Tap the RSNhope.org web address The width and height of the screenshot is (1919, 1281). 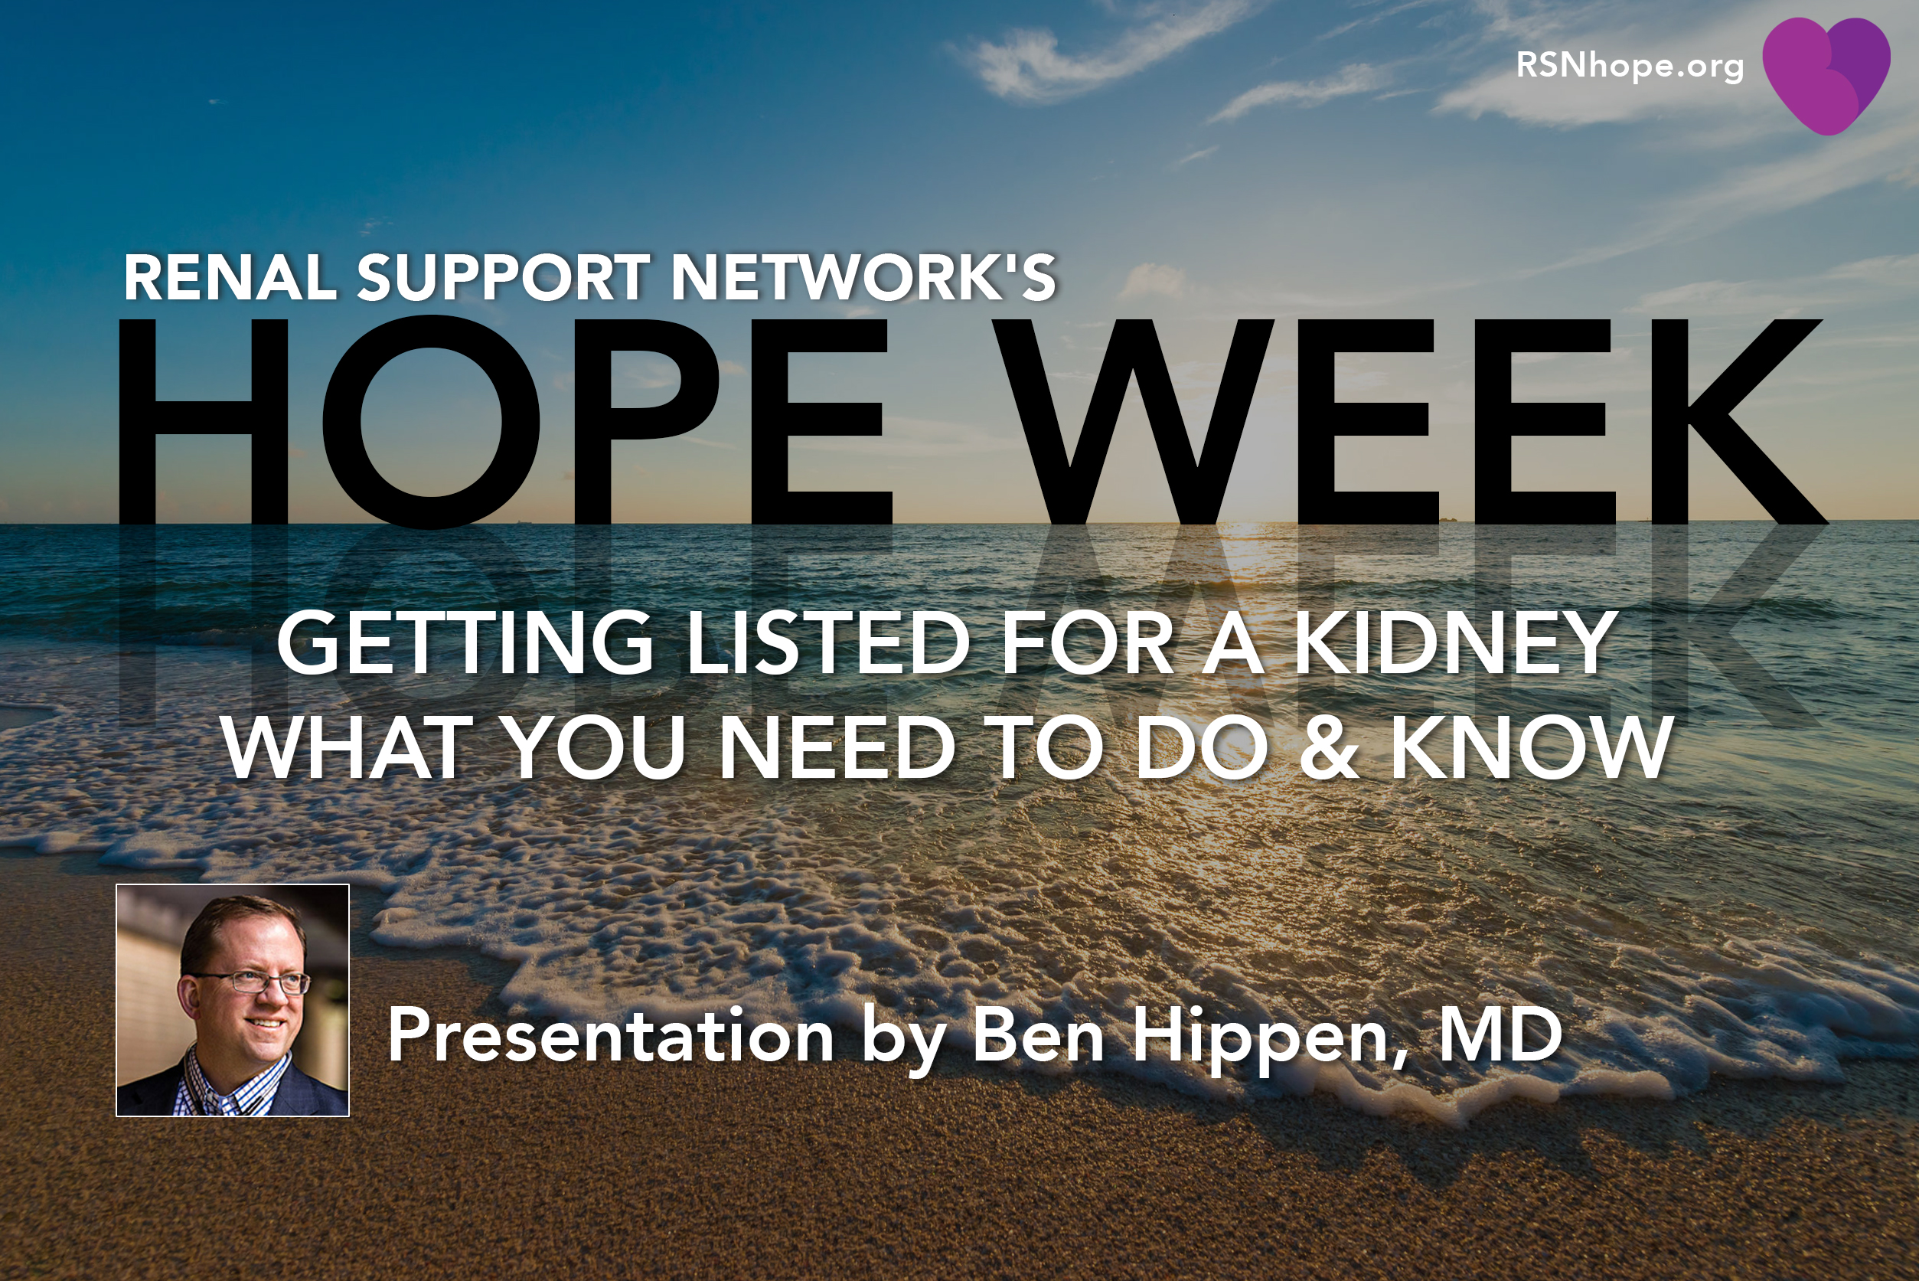[x=1630, y=65]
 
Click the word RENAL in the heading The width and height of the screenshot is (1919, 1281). [x=230, y=277]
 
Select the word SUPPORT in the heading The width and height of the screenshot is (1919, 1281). [x=503, y=277]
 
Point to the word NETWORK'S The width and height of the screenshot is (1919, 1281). [x=863, y=277]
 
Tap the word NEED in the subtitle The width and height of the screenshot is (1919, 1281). [x=838, y=747]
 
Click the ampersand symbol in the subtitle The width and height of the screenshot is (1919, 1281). [x=1329, y=747]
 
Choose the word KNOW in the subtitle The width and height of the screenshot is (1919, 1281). [x=1530, y=747]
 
